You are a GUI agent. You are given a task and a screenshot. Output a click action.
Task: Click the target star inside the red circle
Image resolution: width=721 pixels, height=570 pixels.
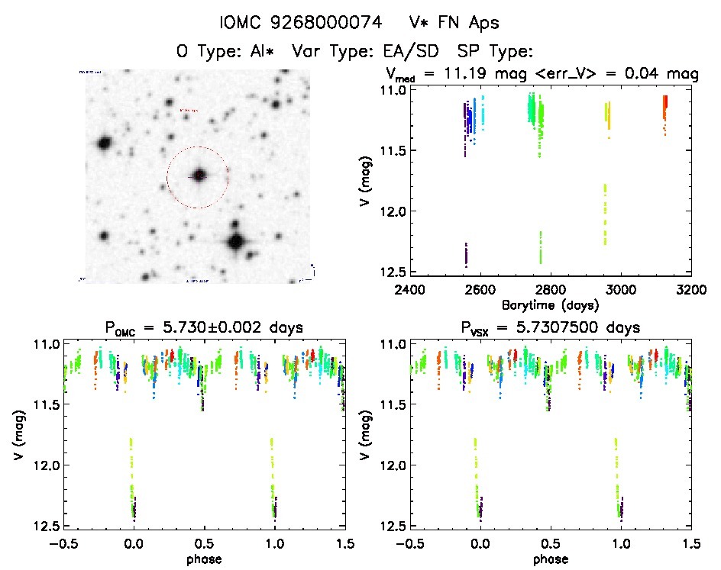coord(199,176)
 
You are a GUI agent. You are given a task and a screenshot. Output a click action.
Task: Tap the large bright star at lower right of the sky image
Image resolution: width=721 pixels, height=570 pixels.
coord(235,242)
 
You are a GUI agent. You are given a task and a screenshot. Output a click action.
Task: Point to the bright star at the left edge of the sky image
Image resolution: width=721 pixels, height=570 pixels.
coord(104,143)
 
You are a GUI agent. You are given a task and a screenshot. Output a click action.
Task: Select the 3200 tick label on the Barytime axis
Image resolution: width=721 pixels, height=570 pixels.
coord(690,289)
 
